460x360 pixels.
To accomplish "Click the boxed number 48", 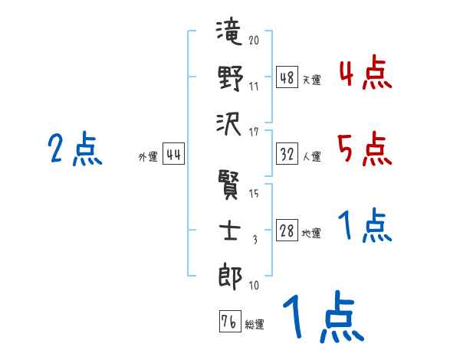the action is click(x=287, y=78).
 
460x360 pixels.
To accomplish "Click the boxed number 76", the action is click(x=228, y=322).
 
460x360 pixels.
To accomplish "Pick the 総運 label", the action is click(x=255, y=324).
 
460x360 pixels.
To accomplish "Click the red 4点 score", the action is click(x=365, y=74).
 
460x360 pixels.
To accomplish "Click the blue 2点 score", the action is click(x=75, y=149).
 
